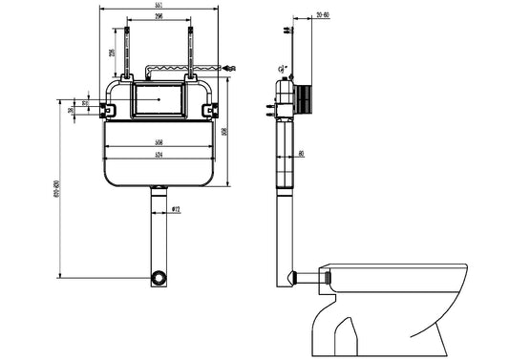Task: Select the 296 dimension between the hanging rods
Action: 159,16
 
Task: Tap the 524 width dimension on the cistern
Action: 159,154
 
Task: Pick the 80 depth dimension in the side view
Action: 302,153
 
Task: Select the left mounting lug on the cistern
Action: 109,110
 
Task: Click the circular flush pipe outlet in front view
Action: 159,278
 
